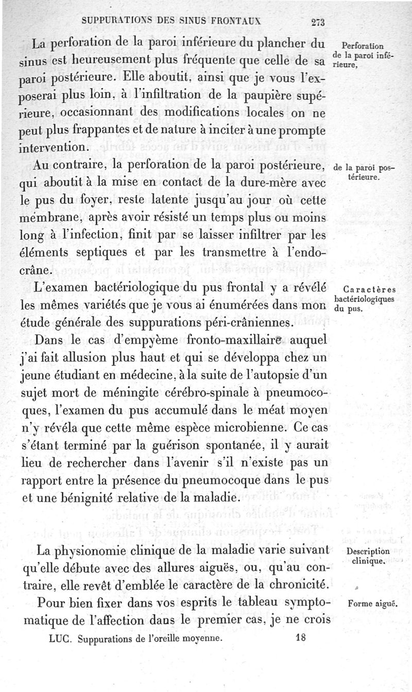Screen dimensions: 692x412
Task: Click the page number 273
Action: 316,22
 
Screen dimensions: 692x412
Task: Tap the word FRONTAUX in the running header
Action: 240,22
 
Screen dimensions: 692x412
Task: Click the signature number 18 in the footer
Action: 302,636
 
